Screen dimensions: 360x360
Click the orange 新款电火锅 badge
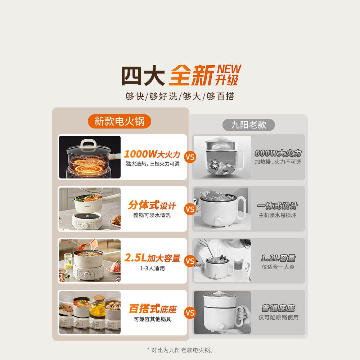pos(119,121)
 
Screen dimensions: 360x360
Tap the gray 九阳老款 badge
pos(248,125)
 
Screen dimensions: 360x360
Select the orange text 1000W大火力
pos(152,154)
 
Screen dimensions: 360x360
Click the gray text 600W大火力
pos(278,153)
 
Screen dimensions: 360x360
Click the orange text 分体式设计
pos(152,206)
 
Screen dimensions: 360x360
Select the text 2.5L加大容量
pos(152,258)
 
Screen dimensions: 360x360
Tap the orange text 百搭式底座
pos(153,309)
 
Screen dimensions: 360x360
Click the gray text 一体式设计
pos(278,206)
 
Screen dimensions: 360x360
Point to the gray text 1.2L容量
pos(278,258)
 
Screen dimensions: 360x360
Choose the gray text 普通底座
pos(278,309)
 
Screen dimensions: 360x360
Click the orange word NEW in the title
pos(229,68)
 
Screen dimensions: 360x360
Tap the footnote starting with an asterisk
pos(180,349)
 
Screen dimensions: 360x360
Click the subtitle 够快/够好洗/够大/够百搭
pos(180,96)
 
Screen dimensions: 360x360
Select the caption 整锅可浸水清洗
pos(152,215)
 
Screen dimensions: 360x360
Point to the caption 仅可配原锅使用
pos(278,318)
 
